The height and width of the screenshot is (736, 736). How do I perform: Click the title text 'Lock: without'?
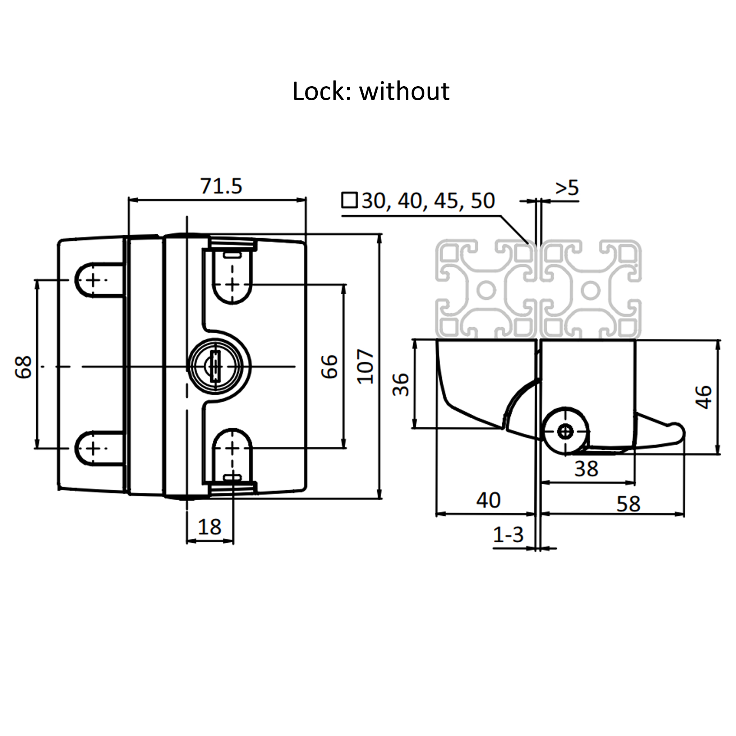(371, 91)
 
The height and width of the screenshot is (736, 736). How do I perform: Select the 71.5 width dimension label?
(221, 186)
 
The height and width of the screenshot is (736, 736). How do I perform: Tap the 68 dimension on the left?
(24, 367)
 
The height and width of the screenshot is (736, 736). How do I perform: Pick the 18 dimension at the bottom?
(210, 527)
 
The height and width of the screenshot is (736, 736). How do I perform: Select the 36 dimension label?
(401, 385)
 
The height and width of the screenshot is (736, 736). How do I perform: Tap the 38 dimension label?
(586, 469)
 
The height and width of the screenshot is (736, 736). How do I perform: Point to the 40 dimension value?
(488, 500)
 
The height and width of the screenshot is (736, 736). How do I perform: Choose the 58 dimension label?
(629, 504)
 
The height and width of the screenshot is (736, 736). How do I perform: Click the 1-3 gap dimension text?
(508, 534)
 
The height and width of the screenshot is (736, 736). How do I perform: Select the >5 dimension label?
(567, 188)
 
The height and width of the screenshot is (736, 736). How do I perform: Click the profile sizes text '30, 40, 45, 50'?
(428, 201)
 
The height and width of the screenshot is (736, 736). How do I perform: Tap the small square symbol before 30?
(349, 201)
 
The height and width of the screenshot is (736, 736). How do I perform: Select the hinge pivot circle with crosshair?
(565, 431)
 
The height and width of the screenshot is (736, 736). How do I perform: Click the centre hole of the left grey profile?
(486, 291)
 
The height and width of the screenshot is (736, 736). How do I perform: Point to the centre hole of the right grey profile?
(590, 291)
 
